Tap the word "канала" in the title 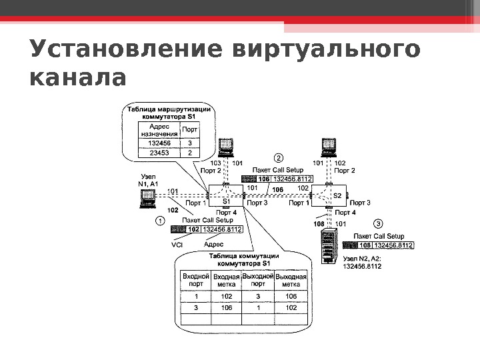point(78,78)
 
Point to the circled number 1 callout point(160,221)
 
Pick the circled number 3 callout point(378,223)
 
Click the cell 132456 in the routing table point(159,142)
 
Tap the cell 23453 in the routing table point(159,153)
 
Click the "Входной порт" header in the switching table point(196,279)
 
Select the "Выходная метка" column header point(291,280)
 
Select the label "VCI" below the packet point(177,245)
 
